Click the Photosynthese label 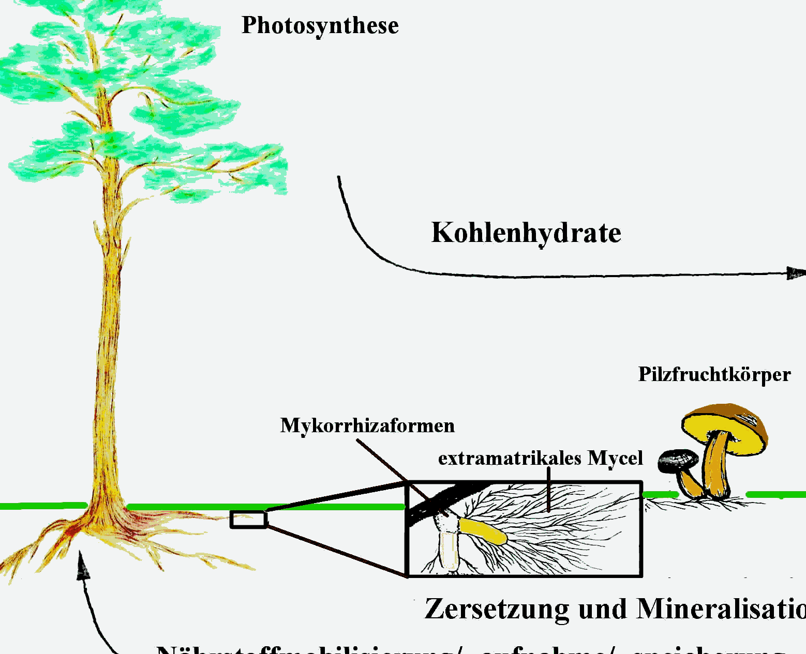click(320, 26)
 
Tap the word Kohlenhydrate click(526, 233)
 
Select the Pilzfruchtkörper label click(714, 374)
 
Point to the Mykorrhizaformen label click(367, 425)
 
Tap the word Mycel click(615, 458)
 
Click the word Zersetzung click(497, 609)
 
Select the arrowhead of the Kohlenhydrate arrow click(795, 273)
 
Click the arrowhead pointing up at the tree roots click(82, 566)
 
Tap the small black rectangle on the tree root click(248, 519)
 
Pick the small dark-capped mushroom click(678, 460)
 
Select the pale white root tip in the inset click(448, 551)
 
